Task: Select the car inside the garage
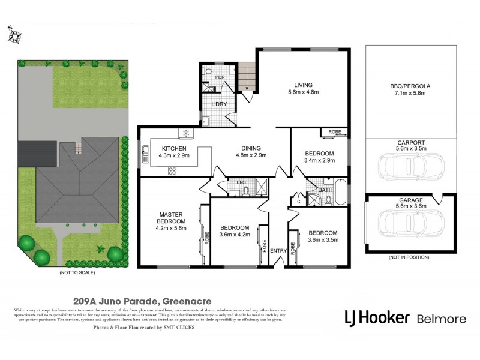point(410,224)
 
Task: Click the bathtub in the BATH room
point(340,191)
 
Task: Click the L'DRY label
point(219,105)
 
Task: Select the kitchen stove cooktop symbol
point(173,170)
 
